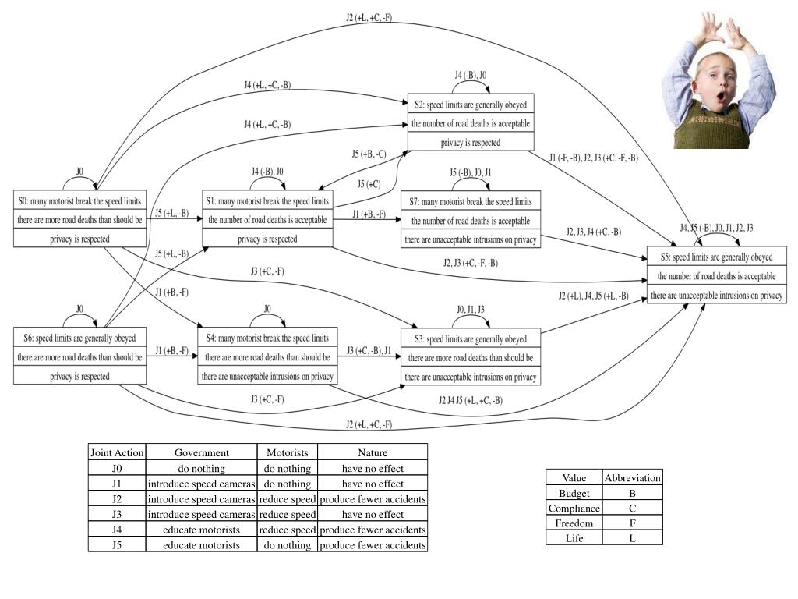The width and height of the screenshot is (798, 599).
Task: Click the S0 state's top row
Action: point(80,200)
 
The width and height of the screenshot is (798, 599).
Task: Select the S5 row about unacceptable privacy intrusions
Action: point(716,296)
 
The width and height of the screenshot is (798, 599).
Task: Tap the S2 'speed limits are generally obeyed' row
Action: point(471,105)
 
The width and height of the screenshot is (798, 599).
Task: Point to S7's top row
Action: point(471,201)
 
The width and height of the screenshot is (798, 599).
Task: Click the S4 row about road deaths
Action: point(267,357)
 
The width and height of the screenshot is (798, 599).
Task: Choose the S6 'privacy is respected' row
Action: point(80,376)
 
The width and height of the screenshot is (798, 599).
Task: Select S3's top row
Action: point(471,338)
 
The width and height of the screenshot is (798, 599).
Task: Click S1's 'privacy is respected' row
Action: point(267,239)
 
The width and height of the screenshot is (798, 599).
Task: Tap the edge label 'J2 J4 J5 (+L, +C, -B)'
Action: point(470,401)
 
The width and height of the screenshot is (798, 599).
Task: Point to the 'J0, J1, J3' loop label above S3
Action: point(470,309)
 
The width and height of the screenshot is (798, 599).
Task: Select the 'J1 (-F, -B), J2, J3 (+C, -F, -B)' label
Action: point(593,158)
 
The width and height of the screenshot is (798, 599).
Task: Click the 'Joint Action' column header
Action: point(117,452)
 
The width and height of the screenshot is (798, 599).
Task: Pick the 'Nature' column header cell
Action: point(373,452)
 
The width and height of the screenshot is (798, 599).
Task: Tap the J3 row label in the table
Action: point(117,514)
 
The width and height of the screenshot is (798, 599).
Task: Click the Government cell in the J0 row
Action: point(201,469)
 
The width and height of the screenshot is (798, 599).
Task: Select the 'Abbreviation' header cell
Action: point(632,477)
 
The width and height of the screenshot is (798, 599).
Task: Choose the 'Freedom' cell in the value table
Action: point(574,523)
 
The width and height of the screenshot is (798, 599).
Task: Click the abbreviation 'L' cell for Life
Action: point(632,538)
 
